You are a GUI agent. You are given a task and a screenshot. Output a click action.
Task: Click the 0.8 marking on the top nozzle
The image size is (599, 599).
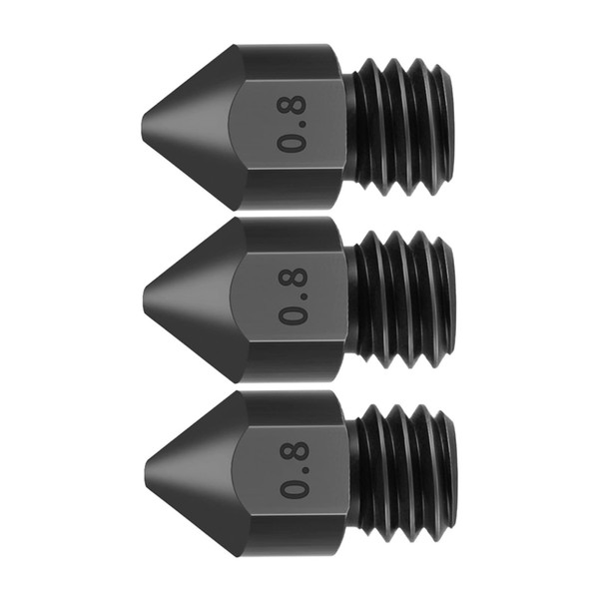pyautogui.click(x=294, y=124)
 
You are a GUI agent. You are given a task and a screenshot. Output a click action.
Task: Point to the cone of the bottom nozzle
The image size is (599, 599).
pyautogui.click(x=194, y=467)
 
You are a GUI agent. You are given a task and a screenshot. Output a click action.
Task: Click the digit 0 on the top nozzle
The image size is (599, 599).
pyautogui.click(x=294, y=143)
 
